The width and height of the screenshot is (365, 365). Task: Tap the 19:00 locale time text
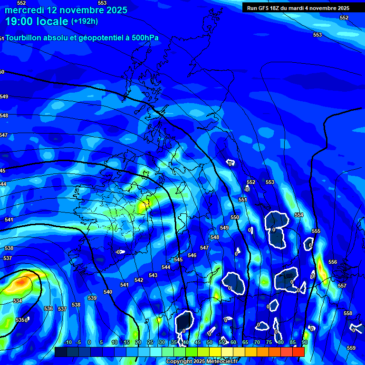tap(37, 21)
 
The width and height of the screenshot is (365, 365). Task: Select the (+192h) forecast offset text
tap(85, 21)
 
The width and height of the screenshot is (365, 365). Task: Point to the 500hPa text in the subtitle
tap(143, 38)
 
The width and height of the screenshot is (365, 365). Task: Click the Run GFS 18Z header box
tap(298, 8)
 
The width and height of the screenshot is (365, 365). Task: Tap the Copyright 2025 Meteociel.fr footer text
tap(202, 362)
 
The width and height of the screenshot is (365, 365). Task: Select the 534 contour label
tap(18, 301)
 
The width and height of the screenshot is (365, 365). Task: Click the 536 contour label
tap(48, 308)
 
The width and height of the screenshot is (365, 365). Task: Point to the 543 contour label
tap(153, 275)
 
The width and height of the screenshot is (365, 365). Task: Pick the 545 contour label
tap(178, 259)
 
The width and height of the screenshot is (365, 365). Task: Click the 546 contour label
tap(192, 255)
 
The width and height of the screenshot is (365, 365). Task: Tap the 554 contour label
tap(299, 215)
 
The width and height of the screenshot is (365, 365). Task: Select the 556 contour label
tap(333, 262)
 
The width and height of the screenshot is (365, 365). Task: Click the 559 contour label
tap(351, 348)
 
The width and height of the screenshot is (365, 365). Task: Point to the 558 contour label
tap(348, 313)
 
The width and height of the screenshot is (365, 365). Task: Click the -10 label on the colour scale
tap(68, 342)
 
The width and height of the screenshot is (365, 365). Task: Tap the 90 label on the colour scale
tap(305, 342)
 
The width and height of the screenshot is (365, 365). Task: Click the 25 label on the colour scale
tap(150, 342)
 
